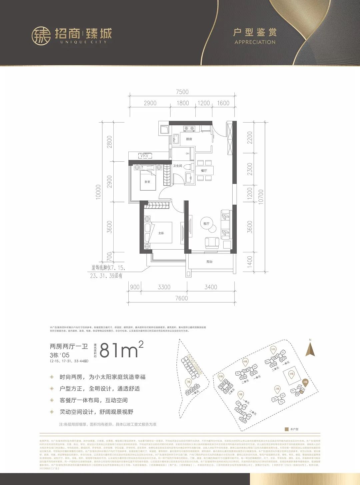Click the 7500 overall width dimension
click(x=182, y=92)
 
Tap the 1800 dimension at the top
click(x=183, y=103)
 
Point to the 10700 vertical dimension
click(x=261, y=196)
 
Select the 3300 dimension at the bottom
click(x=164, y=287)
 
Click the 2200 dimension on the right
click(x=250, y=137)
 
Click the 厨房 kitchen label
click(x=189, y=139)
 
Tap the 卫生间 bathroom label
click(x=177, y=166)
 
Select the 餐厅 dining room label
click(x=204, y=170)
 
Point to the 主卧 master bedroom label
click(x=161, y=233)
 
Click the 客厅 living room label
click(x=206, y=224)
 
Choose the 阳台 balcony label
click(x=209, y=262)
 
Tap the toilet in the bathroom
click(x=189, y=166)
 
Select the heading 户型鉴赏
click(x=255, y=32)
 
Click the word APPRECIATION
click(x=255, y=42)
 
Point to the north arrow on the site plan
click(x=310, y=349)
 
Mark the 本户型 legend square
click(x=286, y=429)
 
